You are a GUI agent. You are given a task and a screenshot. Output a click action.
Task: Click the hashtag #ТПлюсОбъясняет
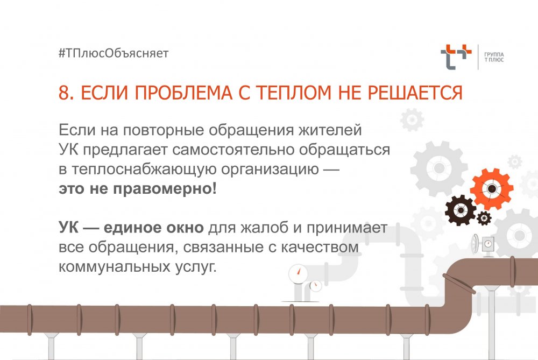114,53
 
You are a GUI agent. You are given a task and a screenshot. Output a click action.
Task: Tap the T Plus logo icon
456,57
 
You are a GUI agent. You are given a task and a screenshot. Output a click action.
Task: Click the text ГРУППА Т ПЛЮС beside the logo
494,57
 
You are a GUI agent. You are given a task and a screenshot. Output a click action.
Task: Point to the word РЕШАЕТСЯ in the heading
415,93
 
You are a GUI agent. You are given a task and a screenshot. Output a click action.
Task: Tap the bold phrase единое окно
154,228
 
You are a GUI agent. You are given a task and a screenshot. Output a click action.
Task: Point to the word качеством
320,248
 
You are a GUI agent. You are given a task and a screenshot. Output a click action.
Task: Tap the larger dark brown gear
461,210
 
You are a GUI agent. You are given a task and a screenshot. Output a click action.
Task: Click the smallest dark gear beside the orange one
484,218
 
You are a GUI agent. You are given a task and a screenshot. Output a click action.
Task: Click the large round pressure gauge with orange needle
298,273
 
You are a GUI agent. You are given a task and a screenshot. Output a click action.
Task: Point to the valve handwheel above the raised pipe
476,244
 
